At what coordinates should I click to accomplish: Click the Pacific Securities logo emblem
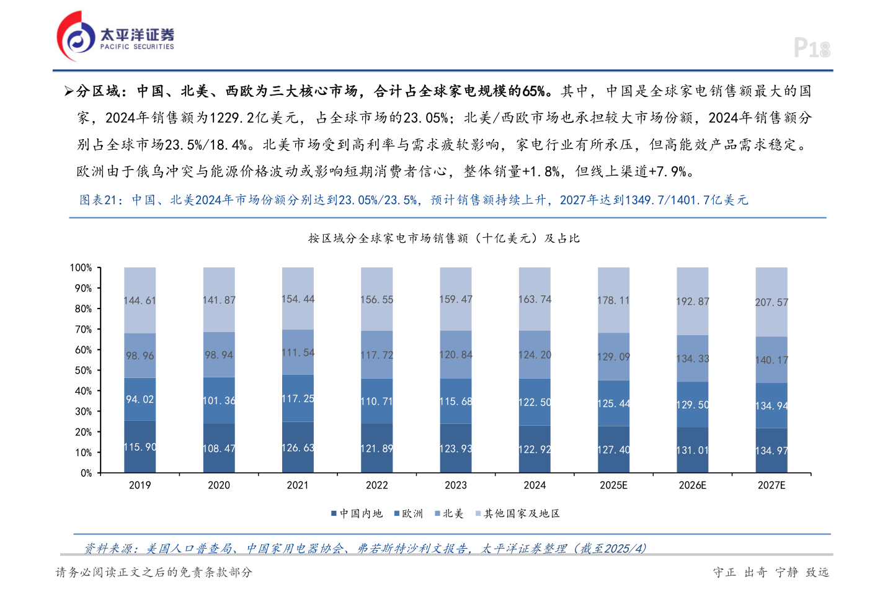click(76, 37)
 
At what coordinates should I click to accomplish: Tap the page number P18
click(812, 48)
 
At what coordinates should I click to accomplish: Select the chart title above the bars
click(444, 238)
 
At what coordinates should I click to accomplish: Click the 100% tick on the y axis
click(81, 268)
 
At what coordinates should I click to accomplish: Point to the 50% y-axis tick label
click(83, 371)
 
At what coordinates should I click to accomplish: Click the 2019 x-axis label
click(140, 485)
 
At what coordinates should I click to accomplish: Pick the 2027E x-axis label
click(771, 485)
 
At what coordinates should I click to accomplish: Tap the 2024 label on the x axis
click(535, 485)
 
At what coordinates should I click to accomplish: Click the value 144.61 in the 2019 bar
click(140, 300)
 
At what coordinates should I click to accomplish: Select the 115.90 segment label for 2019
click(140, 447)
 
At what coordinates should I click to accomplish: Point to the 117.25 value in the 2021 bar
click(298, 399)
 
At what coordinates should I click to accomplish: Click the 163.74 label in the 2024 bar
click(535, 299)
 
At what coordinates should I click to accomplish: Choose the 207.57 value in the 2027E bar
click(771, 302)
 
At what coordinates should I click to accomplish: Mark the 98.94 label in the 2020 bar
click(219, 355)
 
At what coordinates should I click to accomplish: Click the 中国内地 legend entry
click(357, 513)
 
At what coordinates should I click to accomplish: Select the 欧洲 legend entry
click(409, 513)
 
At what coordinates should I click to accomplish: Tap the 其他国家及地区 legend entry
click(518, 513)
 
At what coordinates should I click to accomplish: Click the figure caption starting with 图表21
click(414, 200)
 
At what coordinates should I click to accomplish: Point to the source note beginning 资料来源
click(365, 549)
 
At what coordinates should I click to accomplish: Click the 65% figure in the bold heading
click(533, 91)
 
